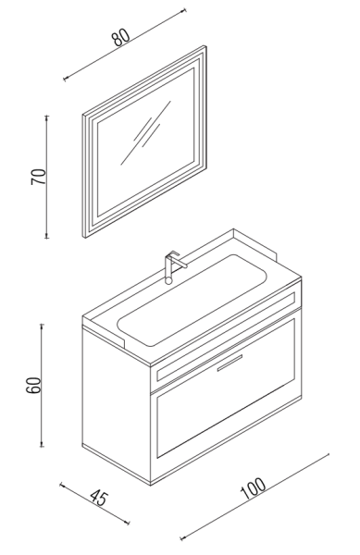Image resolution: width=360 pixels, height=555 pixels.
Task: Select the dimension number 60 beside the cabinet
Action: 34,385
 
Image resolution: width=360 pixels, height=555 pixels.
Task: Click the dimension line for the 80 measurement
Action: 130,45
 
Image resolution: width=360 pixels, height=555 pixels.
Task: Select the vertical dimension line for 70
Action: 46,176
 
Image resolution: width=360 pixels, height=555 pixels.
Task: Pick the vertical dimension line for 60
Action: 43,385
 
